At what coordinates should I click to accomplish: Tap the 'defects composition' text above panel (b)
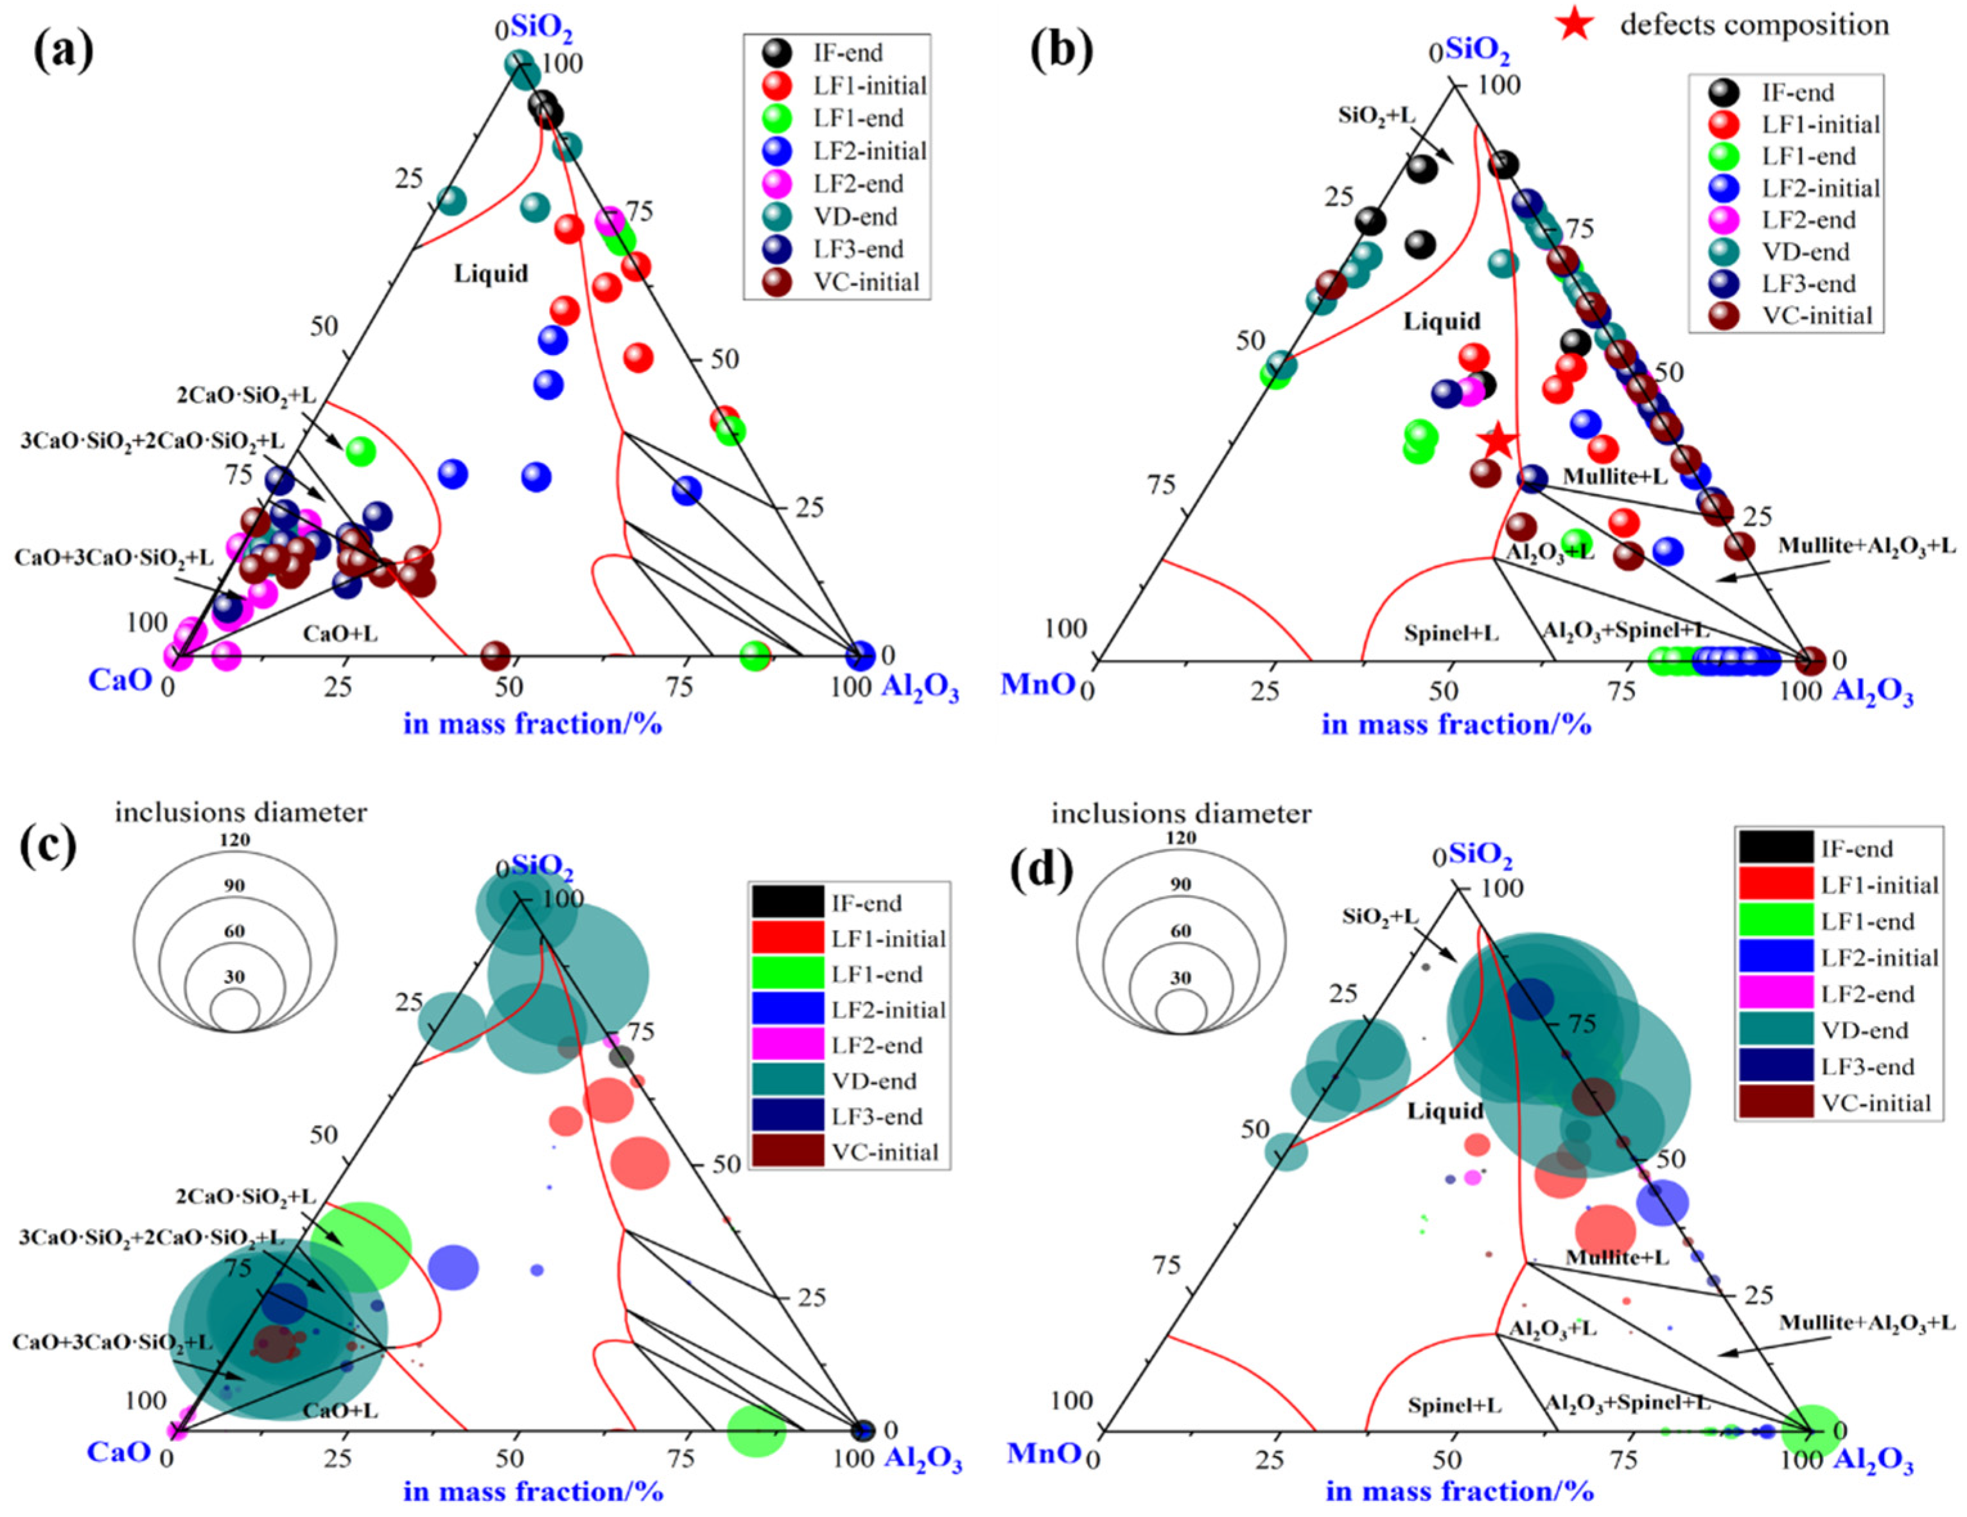click(x=1754, y=24)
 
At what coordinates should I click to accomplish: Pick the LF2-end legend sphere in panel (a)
click(x=776, y=184)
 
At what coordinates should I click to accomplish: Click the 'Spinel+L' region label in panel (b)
click(x=1451, y=633)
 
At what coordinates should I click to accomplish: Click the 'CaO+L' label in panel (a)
click(x=340, y=633)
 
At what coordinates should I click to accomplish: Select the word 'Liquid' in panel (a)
click(x=491, y=274)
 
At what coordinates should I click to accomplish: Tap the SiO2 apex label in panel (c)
click(x=541, y=866)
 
